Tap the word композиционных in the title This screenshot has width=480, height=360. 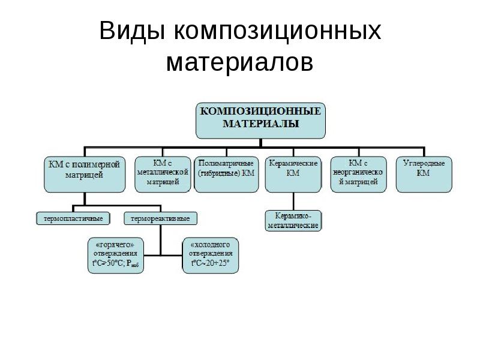pyautogui.click(x=278, y=31)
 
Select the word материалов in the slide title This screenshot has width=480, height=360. pyautogui.click(x=240, y=62)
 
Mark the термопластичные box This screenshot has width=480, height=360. pyautogui.click(x=74, y=218)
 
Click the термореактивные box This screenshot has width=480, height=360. pyautogui.click(x=161, y=218)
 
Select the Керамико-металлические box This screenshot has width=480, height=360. pyautogui.click(x=293, y=220)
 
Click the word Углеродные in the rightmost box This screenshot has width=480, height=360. pyautogui.click(x=424, y=163)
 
